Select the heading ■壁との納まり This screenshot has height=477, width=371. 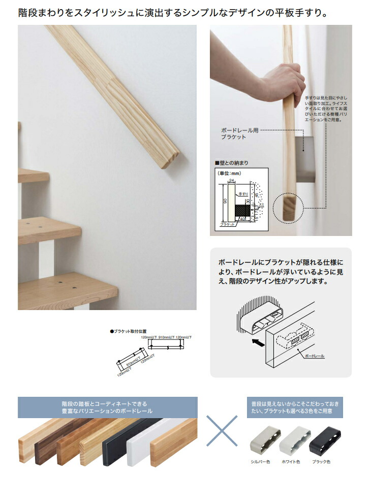coord(232,163)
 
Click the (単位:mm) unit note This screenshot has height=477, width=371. coord(229,173)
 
